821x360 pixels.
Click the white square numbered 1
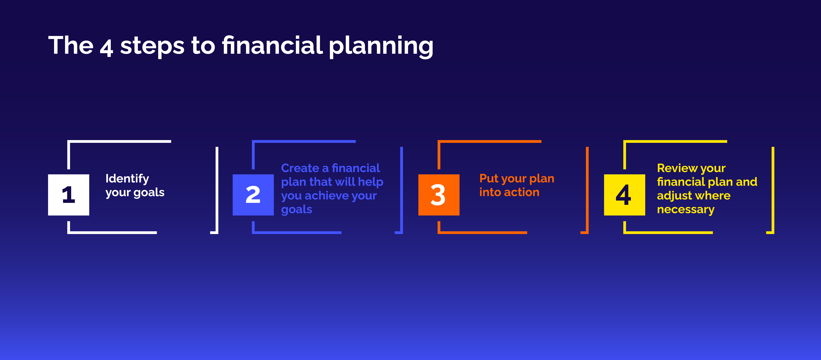pyautogui.click(x=69, y=195)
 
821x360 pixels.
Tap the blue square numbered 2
pyautogui.click(x=253, y=195)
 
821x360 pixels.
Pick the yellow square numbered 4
pyautogui.click(x=624, y=195)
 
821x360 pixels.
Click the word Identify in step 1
pyautogui.click(x=127, y=179)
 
